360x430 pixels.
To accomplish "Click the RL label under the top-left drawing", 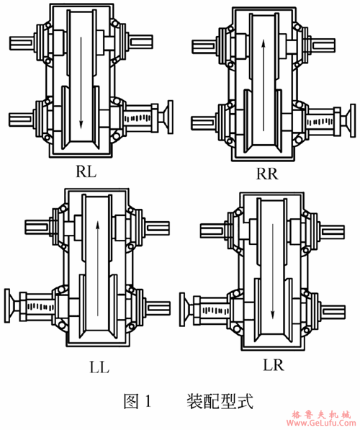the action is tap(86, 171).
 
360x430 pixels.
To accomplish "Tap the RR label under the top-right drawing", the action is tap(267, 174).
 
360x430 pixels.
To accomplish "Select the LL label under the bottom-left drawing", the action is tap(99, 367).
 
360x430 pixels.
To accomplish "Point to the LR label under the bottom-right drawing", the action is tap(274, 364).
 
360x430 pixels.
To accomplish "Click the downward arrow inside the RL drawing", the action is tap(81, 83).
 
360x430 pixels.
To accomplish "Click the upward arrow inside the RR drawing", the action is tap(264, 86).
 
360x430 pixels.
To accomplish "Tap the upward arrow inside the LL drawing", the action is tap(98, 269).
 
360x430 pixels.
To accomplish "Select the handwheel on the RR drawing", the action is tap(350, 120).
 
